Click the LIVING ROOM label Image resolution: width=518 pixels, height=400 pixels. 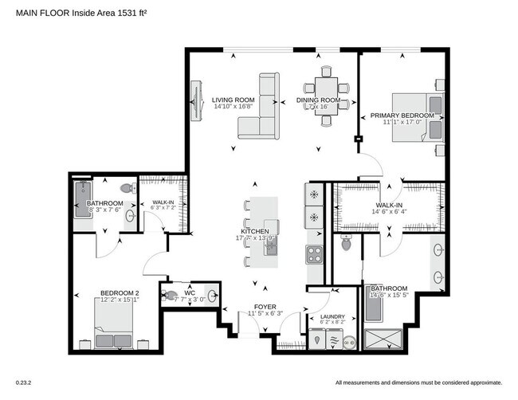(233, 100)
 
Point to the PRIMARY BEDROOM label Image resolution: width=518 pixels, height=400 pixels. (402, 116)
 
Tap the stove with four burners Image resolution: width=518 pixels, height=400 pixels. (313, 254)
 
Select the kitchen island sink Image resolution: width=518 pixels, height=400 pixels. (271, 247)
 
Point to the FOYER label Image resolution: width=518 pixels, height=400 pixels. (265, 306)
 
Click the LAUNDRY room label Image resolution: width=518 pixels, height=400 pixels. (332, 317)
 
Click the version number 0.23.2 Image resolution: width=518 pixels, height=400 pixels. (26, 383)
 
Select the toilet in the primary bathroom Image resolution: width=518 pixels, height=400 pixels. (347, 244)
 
